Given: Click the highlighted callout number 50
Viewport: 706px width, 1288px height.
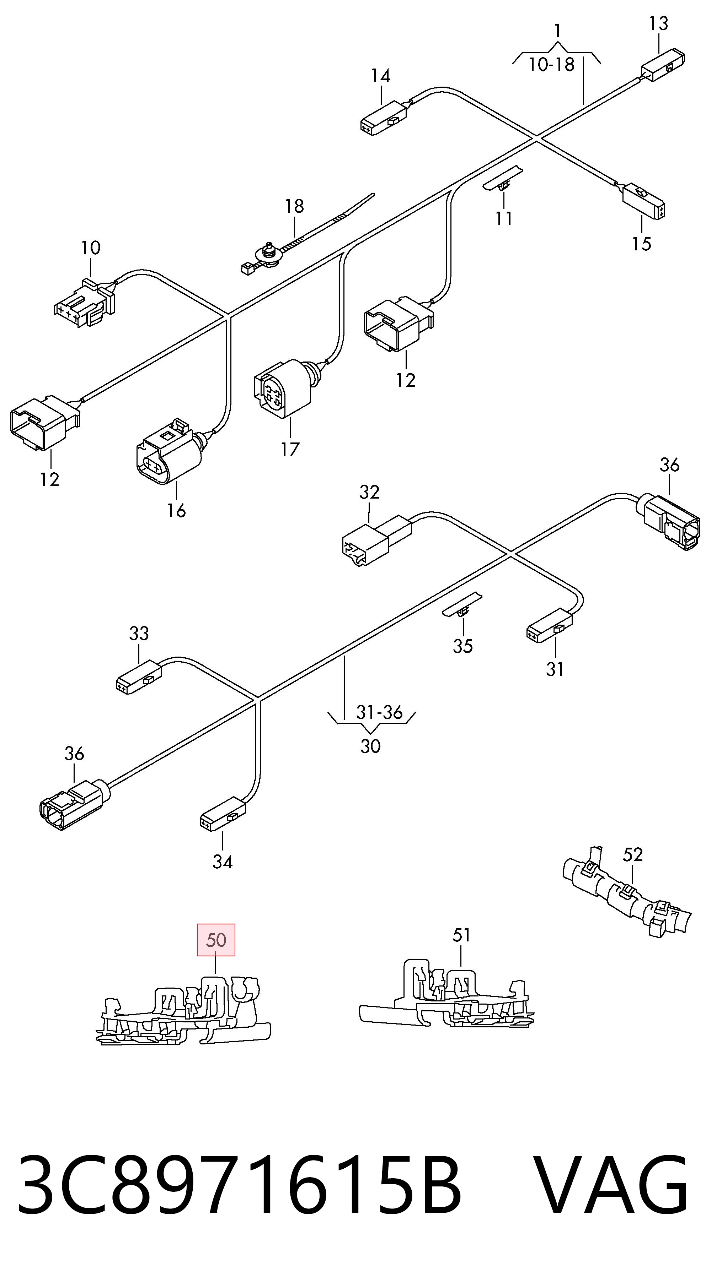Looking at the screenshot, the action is point(216,940).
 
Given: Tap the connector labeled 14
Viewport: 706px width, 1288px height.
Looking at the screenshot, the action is point(384,118).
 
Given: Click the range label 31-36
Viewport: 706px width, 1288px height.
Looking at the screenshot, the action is point(379,712).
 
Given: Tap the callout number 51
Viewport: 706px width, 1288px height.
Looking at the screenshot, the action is point(461,935).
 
